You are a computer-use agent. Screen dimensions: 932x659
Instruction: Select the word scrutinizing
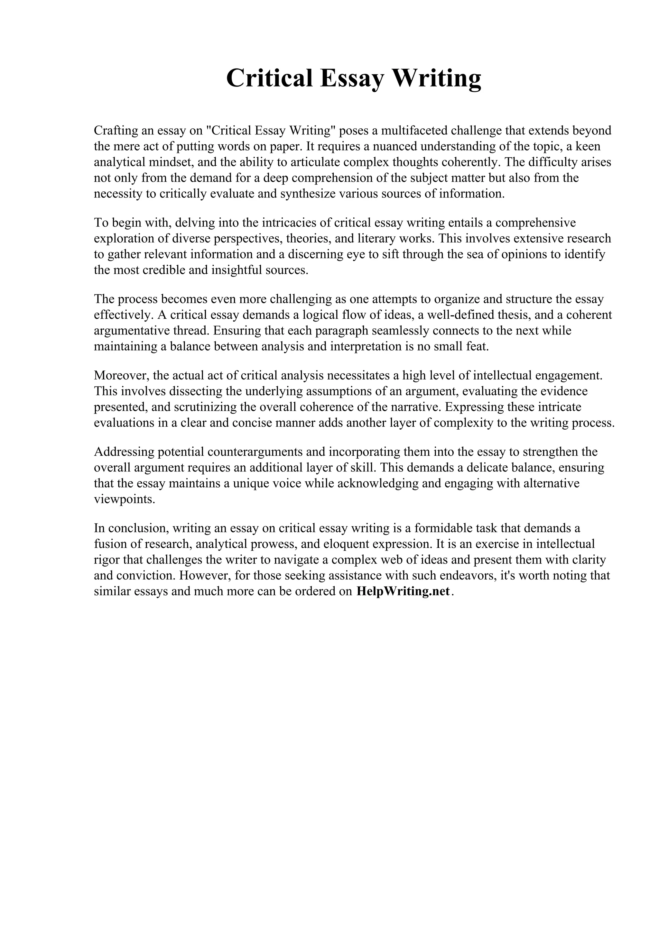point(206,407)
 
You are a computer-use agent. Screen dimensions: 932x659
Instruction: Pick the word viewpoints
point(124,499)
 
